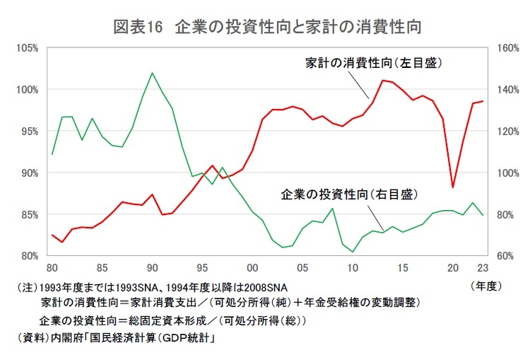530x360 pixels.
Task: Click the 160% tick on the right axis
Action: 508,48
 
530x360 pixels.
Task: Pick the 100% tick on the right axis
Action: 508,173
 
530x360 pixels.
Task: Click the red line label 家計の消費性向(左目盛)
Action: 374,63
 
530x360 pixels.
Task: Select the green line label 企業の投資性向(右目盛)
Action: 346,193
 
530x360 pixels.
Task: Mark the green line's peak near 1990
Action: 152,73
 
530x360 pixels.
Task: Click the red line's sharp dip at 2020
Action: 452,187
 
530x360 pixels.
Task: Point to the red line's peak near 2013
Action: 382,80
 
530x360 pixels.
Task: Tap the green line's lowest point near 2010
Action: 353,252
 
